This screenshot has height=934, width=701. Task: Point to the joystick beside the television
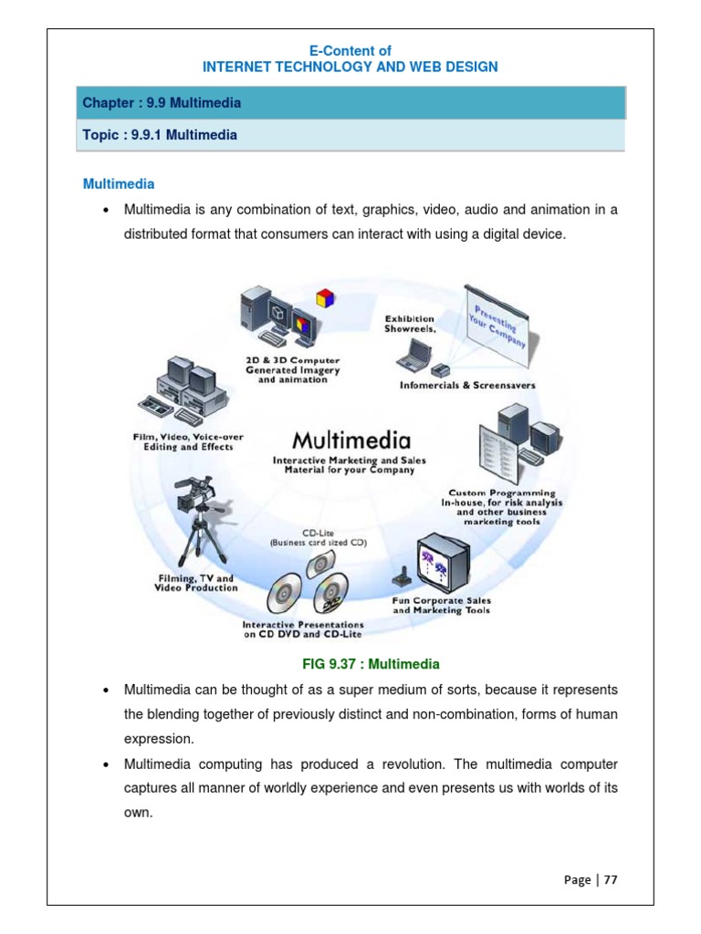(x=401, y=581)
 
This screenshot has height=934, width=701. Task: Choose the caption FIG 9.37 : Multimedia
(x=350, y=663)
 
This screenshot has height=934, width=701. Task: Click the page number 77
(x=611, y=879)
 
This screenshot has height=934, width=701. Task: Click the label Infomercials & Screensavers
(x=467, y=385)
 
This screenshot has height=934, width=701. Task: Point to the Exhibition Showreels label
(x=409, y=325)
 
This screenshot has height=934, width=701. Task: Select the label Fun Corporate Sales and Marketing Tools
(x=441, y=605)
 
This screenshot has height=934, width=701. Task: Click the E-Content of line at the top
(x=350, y=51)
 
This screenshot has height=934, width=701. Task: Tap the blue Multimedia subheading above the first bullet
(x=119, y=183)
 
